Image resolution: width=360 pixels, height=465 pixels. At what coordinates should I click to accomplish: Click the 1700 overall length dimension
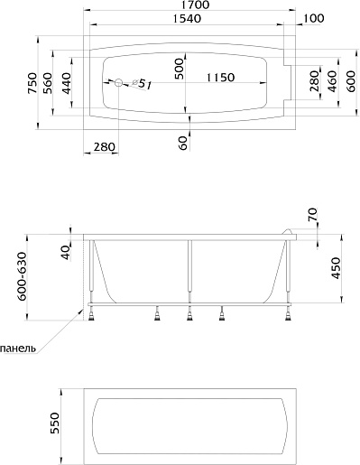click(x=195, y=5)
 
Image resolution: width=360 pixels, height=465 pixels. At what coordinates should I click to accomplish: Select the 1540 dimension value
click(x=187, y=19)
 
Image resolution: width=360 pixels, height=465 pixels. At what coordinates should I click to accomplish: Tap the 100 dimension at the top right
click(x=313, y=18)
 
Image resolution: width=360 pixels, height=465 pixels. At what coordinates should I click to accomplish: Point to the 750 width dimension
click(x=32, y=82)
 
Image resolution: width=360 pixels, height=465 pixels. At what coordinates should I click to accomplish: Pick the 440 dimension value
click(x=67, y=83)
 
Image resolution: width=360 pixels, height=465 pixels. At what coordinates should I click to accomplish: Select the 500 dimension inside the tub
click(x=180, y=69)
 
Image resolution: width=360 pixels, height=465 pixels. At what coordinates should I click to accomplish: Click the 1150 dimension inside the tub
click(x=220, y=78)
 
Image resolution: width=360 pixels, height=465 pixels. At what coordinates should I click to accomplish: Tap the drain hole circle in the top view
click(x=118, y=82)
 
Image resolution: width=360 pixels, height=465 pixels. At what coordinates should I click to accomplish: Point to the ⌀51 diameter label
click(x=142, y=84)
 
